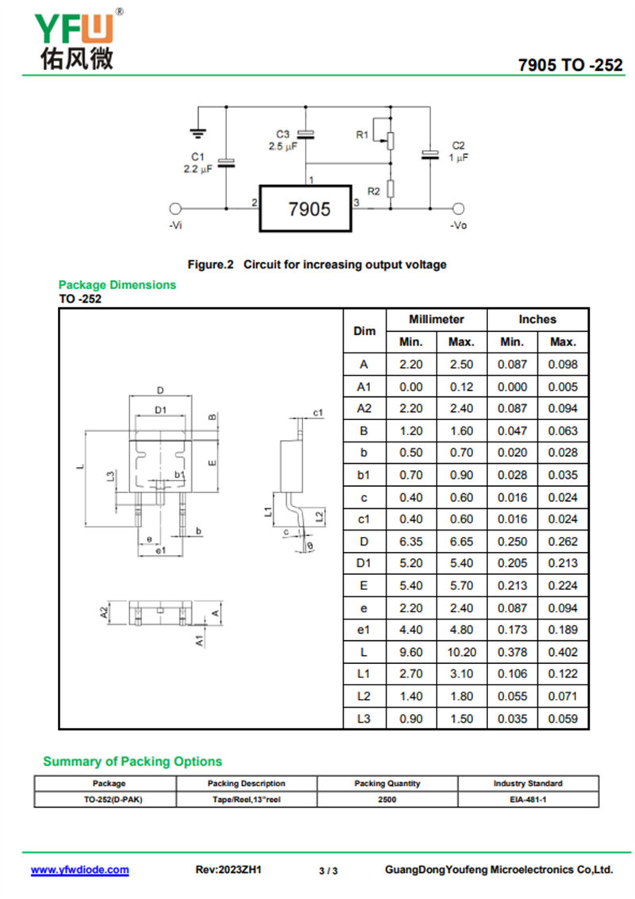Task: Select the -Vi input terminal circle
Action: tap(176, 209)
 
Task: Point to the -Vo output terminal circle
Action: tap(458, 209)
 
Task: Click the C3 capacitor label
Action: tap(283, 134)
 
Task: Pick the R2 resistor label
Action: tap(373, 191)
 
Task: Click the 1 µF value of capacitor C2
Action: tap(458, 157)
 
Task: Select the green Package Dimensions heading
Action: tap(117, 284)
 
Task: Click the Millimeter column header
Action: tap(436, 319)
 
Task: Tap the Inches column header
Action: tap(537, 319)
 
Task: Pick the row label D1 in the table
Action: tap(364, 563)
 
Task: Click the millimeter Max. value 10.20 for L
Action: tap(461, 652)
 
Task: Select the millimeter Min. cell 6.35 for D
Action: tap(410, 541)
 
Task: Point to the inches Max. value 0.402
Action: tap(563, 652)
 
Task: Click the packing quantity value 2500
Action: tap(387, 799)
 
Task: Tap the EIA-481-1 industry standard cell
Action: tap(527, 799)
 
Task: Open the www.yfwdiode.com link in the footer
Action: tap(79, 870)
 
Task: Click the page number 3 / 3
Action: tap(328, 870)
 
